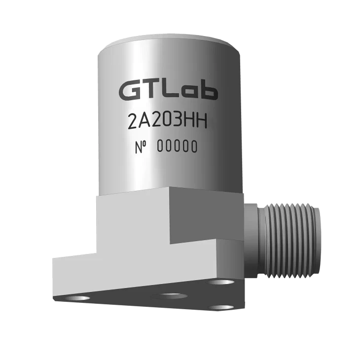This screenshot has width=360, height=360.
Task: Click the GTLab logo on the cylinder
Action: pos(168,90)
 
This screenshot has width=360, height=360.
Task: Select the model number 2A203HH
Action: pos(167,121)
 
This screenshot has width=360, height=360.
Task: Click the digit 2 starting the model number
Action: pos(132,121)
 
